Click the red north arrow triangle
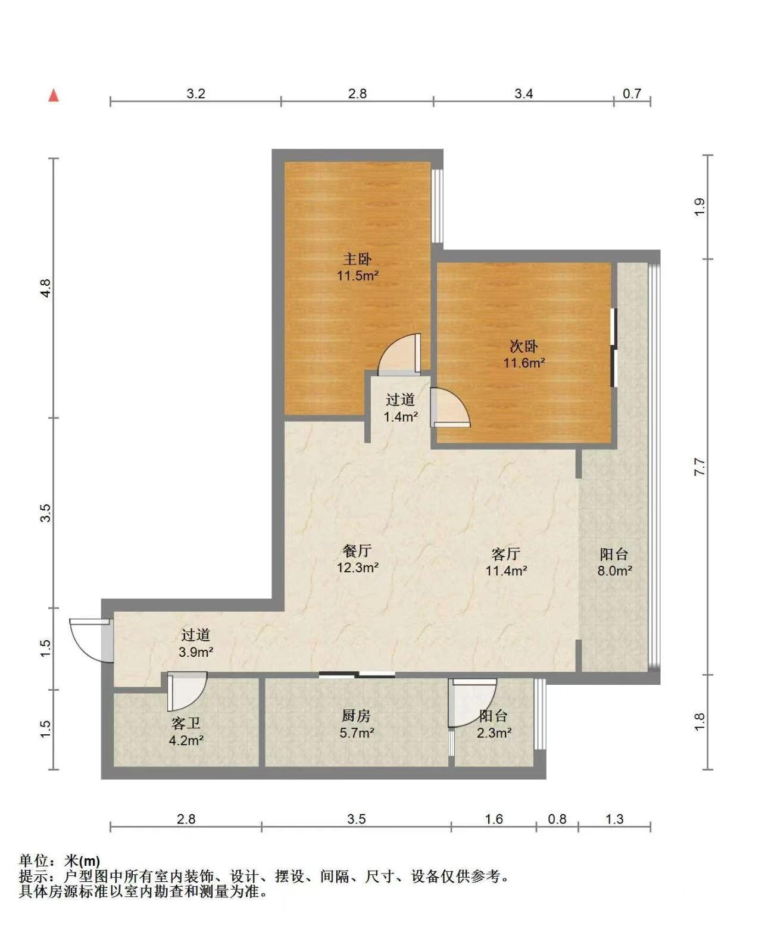coord(54,95)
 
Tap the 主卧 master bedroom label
coord(357,258)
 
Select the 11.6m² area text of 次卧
coord(524,363)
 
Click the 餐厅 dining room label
coord(357,551)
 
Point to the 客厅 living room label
coord(506,554)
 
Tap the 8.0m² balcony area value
coord(615,571)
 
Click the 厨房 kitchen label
coord(357,716)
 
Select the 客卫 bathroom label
coord(186,724)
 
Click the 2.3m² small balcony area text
coord(494,733)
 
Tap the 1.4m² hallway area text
coord(401,417)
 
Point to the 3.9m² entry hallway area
coord(196,652)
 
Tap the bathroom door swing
coord(187,691)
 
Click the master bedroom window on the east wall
coord(437,206)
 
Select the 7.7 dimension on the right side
coord(699,467)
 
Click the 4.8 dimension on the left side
coord(45,288)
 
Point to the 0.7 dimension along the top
coord(632,94)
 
